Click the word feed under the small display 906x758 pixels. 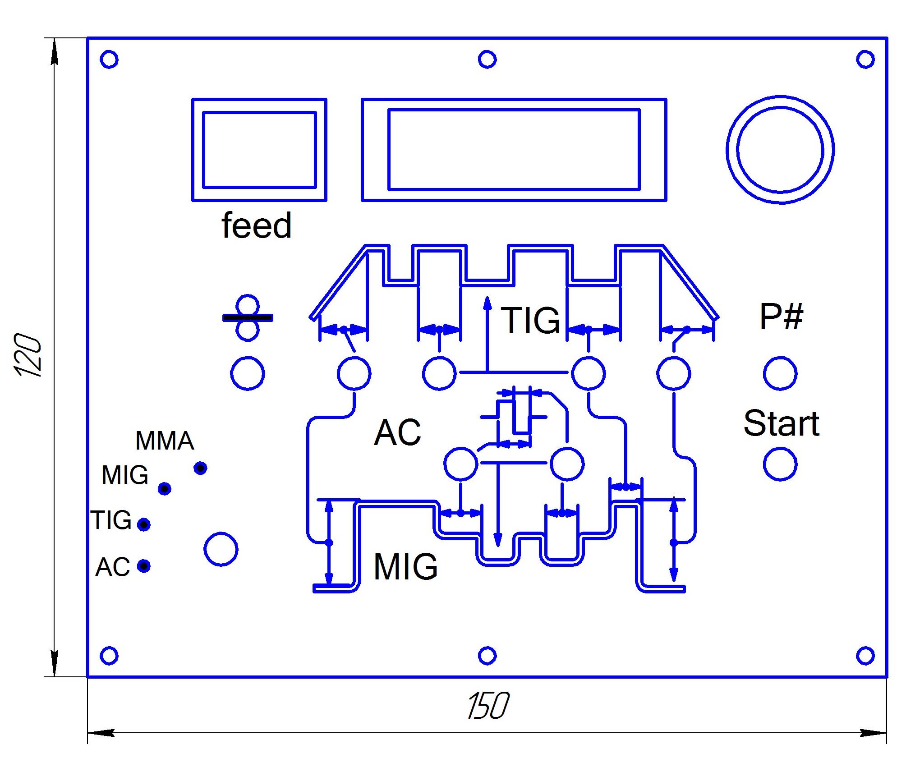tap(256, 225)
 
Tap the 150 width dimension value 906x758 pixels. tap(488, 706)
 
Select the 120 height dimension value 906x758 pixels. tap(28, 355)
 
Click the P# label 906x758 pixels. tap(781, 317)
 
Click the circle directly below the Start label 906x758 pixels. tap(780, 464)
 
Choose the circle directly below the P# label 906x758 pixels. tap(780, 373)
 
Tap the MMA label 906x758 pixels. tap(165, 441)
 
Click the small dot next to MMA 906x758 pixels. tap(200, 468)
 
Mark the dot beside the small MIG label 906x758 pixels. tap(165, 488)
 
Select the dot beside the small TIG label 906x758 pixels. tap(144, 524)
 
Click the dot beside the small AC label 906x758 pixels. tap(144, 565)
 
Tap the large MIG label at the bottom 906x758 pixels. tap(405, 566)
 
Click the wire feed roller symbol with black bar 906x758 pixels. tap(247, 318)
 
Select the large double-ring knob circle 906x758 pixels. tap(780, 150)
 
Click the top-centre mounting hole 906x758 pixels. tap(487, 59)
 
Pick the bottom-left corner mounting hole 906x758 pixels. tap(109, 656)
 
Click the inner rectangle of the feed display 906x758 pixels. tap(259, 150)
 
